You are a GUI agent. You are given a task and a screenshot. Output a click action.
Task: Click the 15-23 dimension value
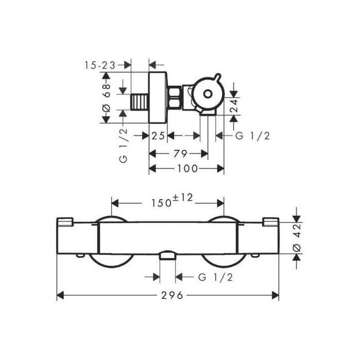pos(100,65)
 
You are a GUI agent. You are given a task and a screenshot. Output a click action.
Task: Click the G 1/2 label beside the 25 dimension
pos(253,136)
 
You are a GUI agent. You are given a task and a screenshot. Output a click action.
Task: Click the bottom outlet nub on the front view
pos(168,256)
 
